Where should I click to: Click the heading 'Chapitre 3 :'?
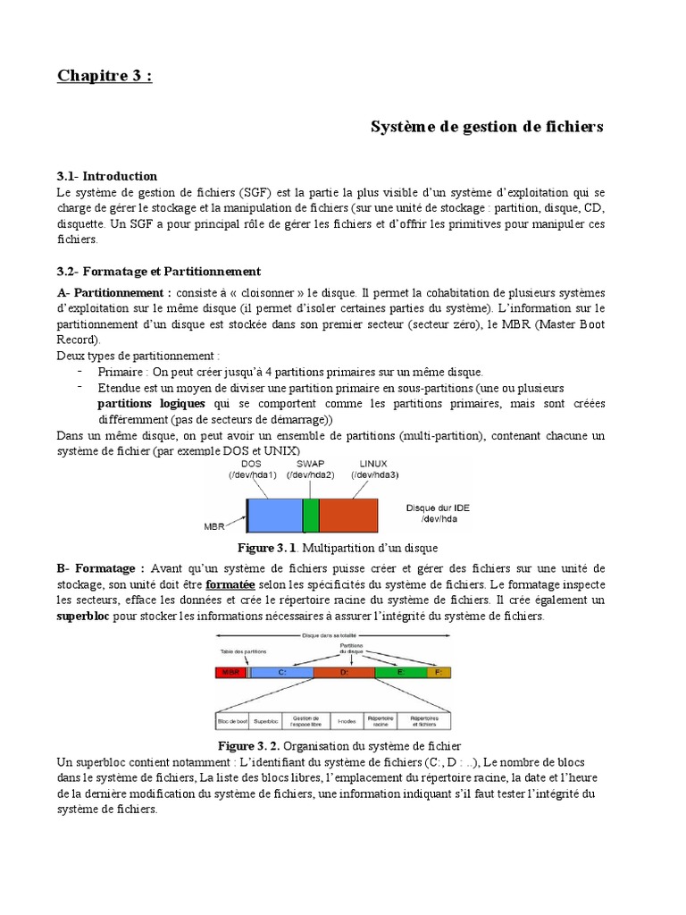(105, 75)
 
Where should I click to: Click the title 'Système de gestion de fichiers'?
(487, 127)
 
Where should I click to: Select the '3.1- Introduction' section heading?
(107, 176)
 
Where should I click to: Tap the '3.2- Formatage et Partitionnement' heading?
(158, 271)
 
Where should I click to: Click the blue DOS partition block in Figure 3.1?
(274, 516)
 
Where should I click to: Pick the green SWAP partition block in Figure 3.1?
(311, 516)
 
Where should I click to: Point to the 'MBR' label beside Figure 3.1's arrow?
(215, 526)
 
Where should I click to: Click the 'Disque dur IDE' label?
(438, 507)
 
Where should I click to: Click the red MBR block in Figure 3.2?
(230, 672)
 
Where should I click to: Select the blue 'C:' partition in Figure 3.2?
(281, 672)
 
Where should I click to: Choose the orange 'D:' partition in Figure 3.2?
(344, 672)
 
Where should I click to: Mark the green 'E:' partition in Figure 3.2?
(399, 672)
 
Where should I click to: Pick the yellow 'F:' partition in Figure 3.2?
(438, 672)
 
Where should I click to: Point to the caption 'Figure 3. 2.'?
(249, 745)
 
